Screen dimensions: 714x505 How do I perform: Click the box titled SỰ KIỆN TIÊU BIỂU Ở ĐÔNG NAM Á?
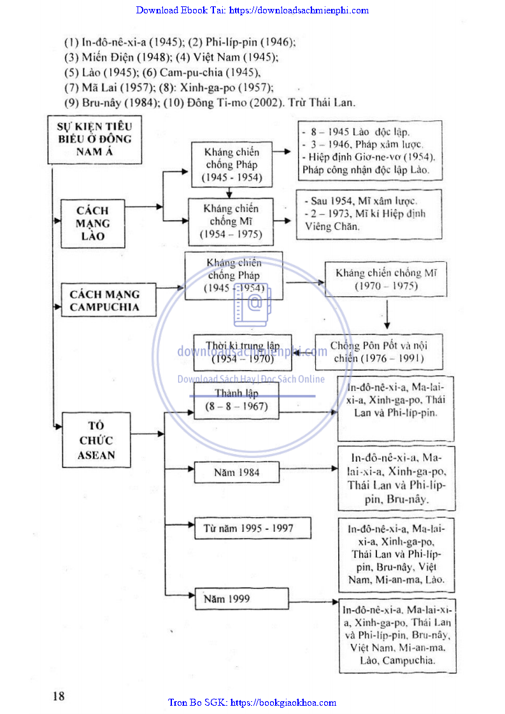pyautogui.click(x=94, y=139)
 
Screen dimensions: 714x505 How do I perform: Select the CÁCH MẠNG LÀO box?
pyautogui.click(x=92, y=223)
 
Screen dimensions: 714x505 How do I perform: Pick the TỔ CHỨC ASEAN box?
pyautogui.click(x=96, y=440)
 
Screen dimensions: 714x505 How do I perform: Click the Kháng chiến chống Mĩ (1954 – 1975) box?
pyautogui.click(x=231, y=222)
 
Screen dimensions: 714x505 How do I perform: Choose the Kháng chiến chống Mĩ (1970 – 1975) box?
pyautogui.click(x=387, y=280)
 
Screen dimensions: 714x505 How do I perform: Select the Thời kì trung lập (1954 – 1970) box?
pyautogui.click(x=243, y=352)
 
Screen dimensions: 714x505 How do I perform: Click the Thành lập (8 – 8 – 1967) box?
pyautogui.click(x=236, y=401)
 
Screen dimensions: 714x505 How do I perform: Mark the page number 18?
pyautogui.click(x=59, y=696)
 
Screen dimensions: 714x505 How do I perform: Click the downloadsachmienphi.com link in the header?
pyautogui.click(x=298, y=10)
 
